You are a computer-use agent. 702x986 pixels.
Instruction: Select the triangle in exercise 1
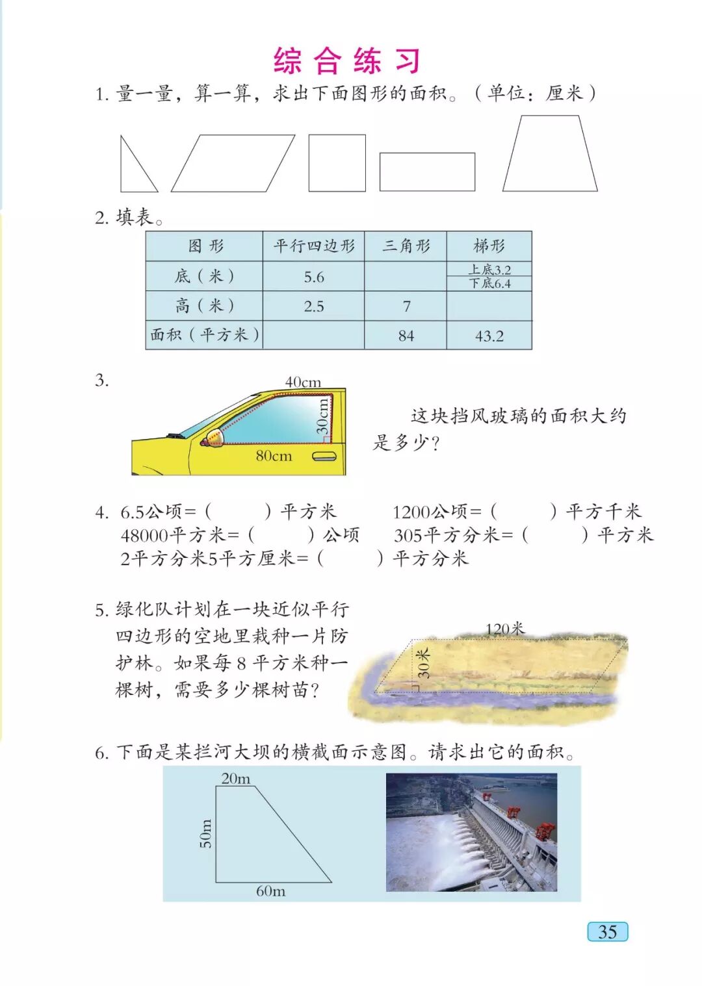[121, 176]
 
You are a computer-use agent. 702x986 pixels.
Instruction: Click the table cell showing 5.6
[313, 277]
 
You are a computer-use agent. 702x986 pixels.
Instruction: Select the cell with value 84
[406, 335]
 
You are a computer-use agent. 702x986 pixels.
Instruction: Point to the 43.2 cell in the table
[489, 335]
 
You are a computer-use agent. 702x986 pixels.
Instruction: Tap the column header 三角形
[406, 246]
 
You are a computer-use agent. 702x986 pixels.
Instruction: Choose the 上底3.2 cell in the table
[489, 269]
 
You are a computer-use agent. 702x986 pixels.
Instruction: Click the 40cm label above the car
[303, 382]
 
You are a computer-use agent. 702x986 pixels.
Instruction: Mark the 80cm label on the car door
[274, 455]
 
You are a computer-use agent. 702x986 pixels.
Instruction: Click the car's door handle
[324, 457]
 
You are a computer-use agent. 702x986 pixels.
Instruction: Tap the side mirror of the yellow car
[214, 437]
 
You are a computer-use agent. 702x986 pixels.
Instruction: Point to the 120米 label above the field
[505, 629]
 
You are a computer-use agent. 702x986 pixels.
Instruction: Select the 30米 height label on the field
[422, 663]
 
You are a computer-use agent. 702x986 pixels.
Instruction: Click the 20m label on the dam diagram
[235, 779]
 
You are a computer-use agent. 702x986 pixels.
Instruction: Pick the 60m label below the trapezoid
[271, 891]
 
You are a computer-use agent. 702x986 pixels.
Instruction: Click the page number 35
[607, 931]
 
